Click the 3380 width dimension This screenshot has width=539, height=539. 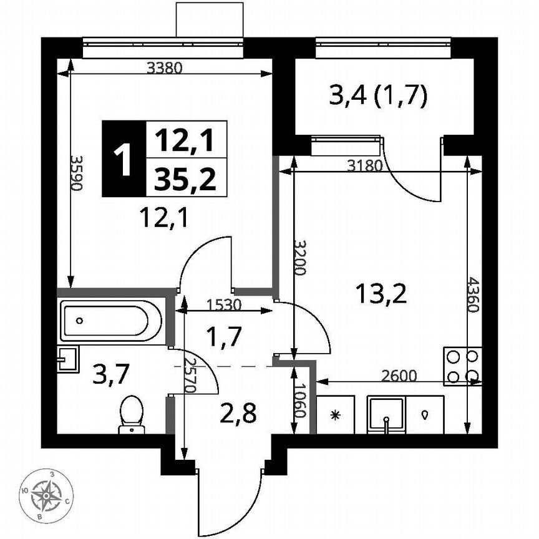[164, 69]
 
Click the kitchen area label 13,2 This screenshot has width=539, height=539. [381, 292]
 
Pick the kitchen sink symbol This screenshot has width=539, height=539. [387, 415]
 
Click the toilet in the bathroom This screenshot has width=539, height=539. [130, 414]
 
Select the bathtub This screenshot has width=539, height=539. [111, 321]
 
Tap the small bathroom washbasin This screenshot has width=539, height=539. [67, 359]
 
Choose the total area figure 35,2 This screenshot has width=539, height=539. [185, 180]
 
